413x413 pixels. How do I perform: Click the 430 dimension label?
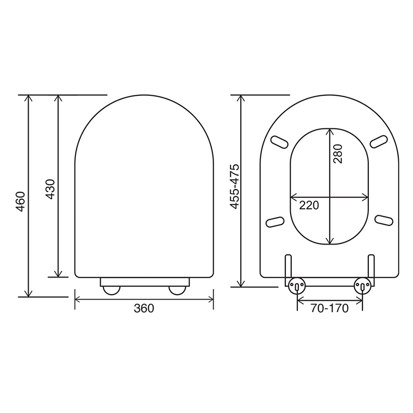tap(50, 189)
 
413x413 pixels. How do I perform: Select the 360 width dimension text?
tap(144, 308)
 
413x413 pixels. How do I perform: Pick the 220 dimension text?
tap(309, 205)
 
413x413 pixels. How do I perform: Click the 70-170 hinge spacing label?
tap(330, 308)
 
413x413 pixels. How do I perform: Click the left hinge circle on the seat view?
tap(297, 286)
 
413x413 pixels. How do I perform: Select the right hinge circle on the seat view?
tap(362, 286)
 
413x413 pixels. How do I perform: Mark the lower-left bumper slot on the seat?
tap(275, 221)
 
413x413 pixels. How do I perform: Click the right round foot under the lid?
tap(177, 290)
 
